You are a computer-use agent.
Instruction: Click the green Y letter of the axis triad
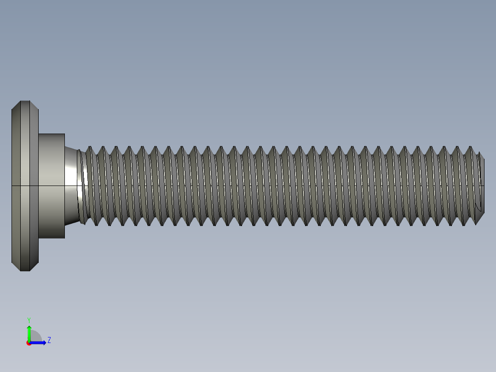coord(29,320)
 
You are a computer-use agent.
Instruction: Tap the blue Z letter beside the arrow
coord(49,340)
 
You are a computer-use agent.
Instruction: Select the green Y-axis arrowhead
coord(29,328)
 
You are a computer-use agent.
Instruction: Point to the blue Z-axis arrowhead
coord(44,343)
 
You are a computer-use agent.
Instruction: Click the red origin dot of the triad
coord(29,343)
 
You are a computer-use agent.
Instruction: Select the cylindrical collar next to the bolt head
coord(51,186)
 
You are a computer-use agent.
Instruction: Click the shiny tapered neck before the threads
coord(72,186)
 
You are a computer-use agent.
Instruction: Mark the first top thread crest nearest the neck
coord(90,147)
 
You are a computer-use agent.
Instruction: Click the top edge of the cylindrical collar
coord(51,134)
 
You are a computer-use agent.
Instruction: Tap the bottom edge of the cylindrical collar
coord(51,238)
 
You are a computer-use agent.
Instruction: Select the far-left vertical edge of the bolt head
coord(12,186)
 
